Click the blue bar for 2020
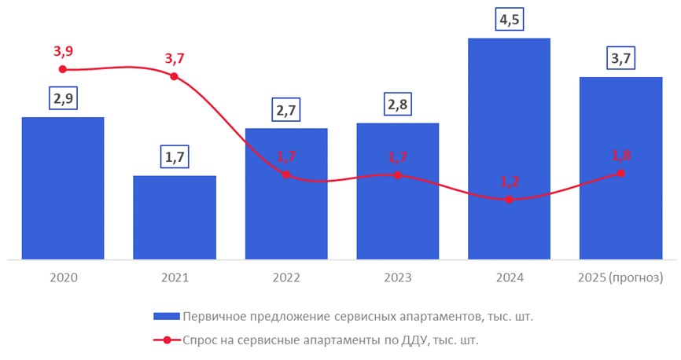[63, 189]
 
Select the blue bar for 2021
[174, 218]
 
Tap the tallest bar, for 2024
[509, 149]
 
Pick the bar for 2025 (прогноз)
[620, 168]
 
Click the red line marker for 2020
[63, 70]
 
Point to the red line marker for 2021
[174, 76]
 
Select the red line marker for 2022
[285, 174]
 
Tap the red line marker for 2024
[509, 200]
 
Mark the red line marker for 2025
[620, 173]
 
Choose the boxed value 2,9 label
[63, 99]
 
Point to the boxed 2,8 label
[397, 105]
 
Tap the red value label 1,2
[510, 181]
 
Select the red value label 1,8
[621, 155]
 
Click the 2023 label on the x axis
[397, 278]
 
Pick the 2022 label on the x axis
[285, 278]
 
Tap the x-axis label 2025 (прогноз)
[620, 278]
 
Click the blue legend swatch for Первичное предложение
[166, 317]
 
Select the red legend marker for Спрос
[167, 340]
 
